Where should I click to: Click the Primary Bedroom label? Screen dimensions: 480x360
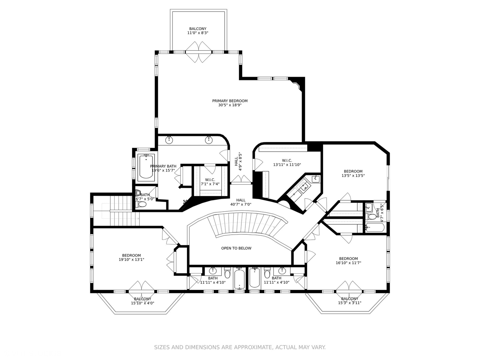coord(230,103)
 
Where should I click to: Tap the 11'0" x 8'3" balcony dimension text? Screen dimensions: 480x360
coord(198,33)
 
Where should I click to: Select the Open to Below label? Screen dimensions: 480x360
coord(236,248)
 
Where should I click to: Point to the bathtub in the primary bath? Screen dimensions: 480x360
coord(146,166)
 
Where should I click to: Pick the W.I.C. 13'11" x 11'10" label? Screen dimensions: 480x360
coord(287,162)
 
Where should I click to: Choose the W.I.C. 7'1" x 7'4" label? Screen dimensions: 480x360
coord(210,182)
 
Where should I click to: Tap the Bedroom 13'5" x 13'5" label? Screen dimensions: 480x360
coord(353,173)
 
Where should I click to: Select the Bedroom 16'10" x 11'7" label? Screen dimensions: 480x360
coord(348,261)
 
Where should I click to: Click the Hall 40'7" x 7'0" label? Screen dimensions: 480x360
coord(241,202)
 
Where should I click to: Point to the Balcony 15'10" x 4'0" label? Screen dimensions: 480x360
coord(143,301)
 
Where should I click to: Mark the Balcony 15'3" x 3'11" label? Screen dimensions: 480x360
coord(350,301)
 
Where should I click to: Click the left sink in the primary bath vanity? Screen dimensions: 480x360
coord(169,140)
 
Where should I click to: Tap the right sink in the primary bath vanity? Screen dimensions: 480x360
coord(209,140)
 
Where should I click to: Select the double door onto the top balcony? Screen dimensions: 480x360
coord(199,52)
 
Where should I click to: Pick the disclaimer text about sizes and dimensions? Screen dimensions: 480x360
coord(240,347)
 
